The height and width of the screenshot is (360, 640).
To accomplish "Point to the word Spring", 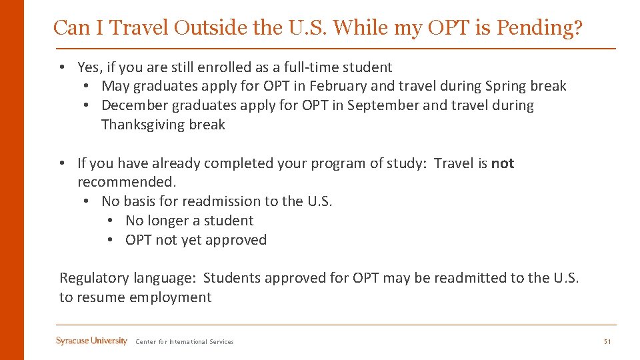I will (x=505, y=86).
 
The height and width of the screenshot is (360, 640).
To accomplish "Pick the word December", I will (x=135, y=105).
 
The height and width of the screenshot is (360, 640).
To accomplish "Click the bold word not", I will (x=503, y=163).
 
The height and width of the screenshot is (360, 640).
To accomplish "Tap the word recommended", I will (x=127, y=182).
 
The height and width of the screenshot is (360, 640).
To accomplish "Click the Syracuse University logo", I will (x=91, y=341).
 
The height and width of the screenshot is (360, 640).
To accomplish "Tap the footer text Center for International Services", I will (x=185, y=342).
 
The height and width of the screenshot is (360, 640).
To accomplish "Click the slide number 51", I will (x=607, y=342).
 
